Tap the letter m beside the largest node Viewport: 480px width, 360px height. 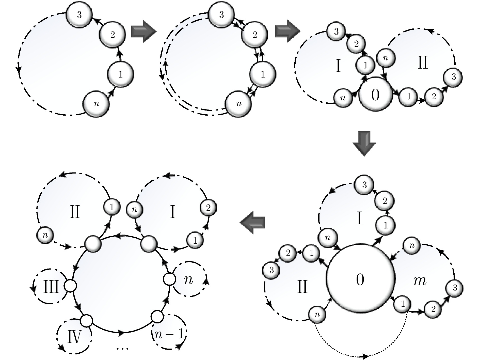pyautogui.click(x=420, y=281)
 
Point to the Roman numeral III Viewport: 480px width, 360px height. pyautogui.click(x=51, y=288)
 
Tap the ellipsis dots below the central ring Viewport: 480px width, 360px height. pyautogui.click(x=123, y=348)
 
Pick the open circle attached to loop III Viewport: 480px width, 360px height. pyautogui.click(x=70, y=286)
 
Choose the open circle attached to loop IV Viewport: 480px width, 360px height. pyautogui.click(x=86, y=321)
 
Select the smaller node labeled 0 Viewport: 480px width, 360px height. pyautogui.click(x=375, y=94)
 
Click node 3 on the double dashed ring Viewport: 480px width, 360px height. pyautogui.click(x=221, y=15)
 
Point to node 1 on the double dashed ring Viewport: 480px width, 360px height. pyautogui.click(x=263, y=74)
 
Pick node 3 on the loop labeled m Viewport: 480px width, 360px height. pyautogui.click(x=455, y=288)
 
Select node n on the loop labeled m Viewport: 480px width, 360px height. pyautogui.click(x=412, y=246)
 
